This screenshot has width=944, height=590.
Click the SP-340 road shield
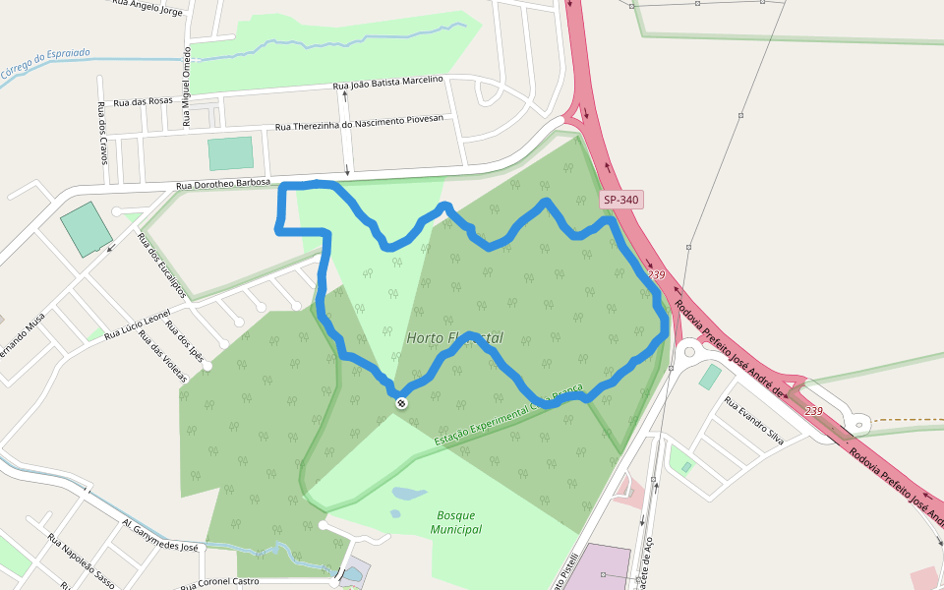coord(621,200)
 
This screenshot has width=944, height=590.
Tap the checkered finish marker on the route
coord(401,403)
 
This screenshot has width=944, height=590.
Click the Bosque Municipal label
coord(456,522)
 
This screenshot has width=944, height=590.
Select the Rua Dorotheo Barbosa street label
coord(223,184)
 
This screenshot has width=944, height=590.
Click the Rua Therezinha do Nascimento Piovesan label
coord(359,123)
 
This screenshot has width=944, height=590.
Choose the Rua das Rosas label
coord(143,101)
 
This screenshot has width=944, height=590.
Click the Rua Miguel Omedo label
coord(186,88)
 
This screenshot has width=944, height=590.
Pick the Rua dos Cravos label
coord(102,132)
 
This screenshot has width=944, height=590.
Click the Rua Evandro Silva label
coord(753,420)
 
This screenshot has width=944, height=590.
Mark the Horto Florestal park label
coord(454,337)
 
